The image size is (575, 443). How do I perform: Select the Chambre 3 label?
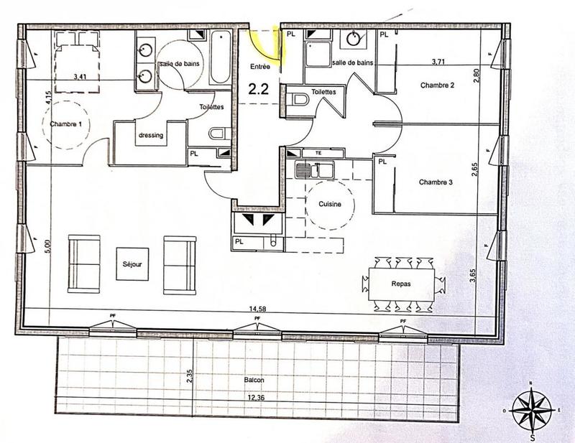pos(436,182)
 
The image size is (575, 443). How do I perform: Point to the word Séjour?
pos(133,264)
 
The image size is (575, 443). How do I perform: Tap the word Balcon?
pos(254,379)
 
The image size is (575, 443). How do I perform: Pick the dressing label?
pos(150,134)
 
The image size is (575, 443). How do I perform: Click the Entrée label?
pos(260,66)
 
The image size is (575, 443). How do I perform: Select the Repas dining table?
pos(401,284)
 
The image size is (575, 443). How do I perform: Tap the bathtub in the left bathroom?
pos(219,59)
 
